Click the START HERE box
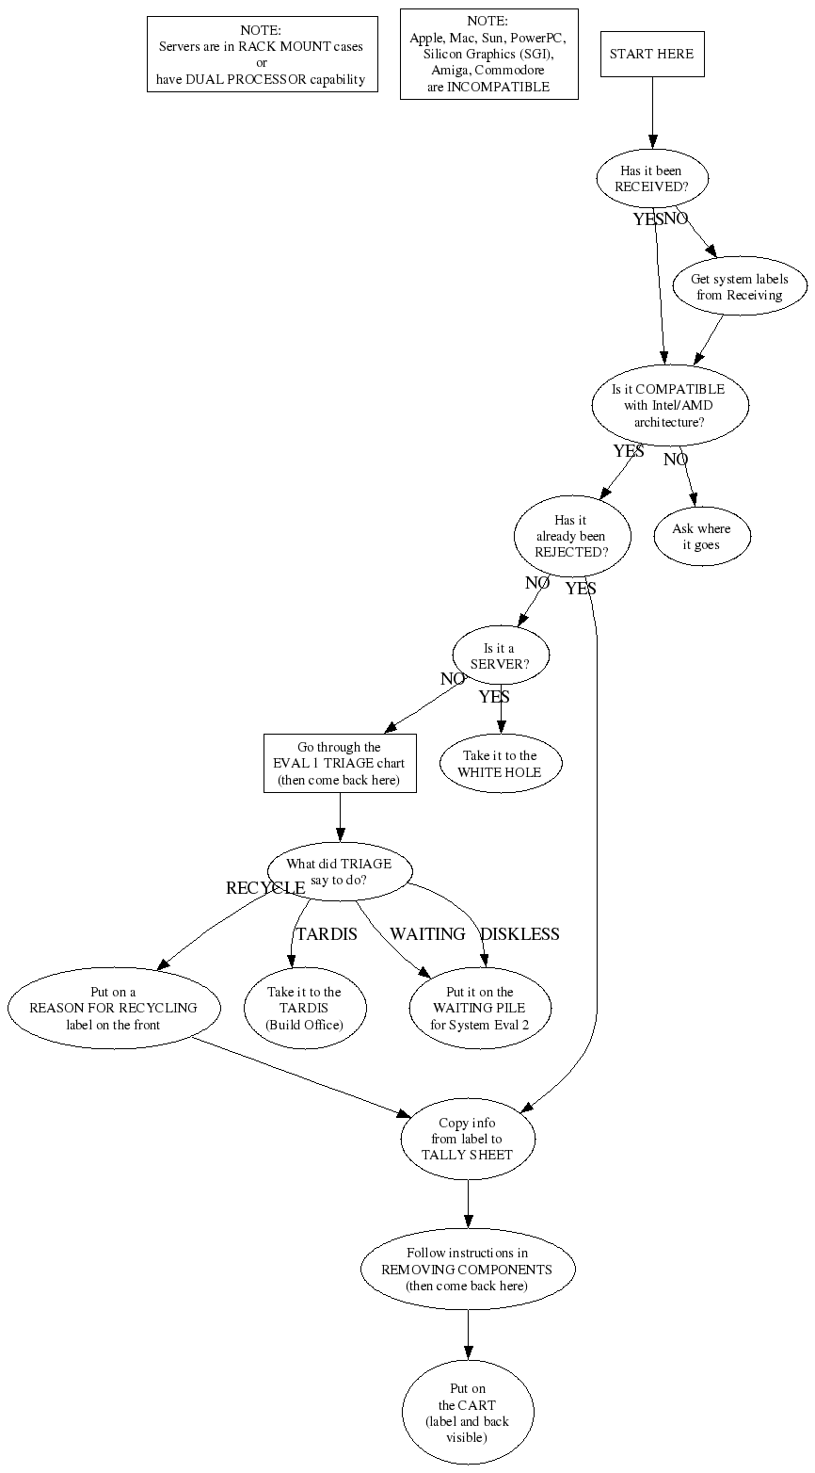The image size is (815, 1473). tap(652, 54)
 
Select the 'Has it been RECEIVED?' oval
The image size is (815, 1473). tap(652, 179)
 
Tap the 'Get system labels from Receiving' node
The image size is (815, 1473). tap(740, 286)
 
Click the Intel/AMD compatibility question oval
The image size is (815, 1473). tap(670, 405)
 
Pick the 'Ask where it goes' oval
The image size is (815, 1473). tap(701, 537)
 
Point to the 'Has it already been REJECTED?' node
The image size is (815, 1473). tap(572, 536)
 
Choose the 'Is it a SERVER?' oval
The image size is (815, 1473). tap(500, 656)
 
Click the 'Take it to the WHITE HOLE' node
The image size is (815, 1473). tap(500, 764)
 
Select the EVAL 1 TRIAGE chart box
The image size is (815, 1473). tap(340, 764)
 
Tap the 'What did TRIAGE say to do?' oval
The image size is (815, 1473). tap(340, 872)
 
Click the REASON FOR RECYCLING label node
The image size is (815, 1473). tap(114, 1008)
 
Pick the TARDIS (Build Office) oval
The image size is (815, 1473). tap(305, 1008)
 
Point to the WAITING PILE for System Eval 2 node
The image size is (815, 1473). tap(480, 1008)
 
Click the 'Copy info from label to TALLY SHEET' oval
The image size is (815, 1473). tap(468, 1139)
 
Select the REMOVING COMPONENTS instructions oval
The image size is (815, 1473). tap(468, 1270)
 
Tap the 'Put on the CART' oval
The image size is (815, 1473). tap(468, 1412)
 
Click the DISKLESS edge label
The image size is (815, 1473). tap(519, 934)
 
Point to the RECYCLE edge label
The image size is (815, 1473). tap(265, 888)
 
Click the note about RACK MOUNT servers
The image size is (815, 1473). tap(263, 55)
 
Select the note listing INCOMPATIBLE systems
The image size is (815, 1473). tap(489, 54)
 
